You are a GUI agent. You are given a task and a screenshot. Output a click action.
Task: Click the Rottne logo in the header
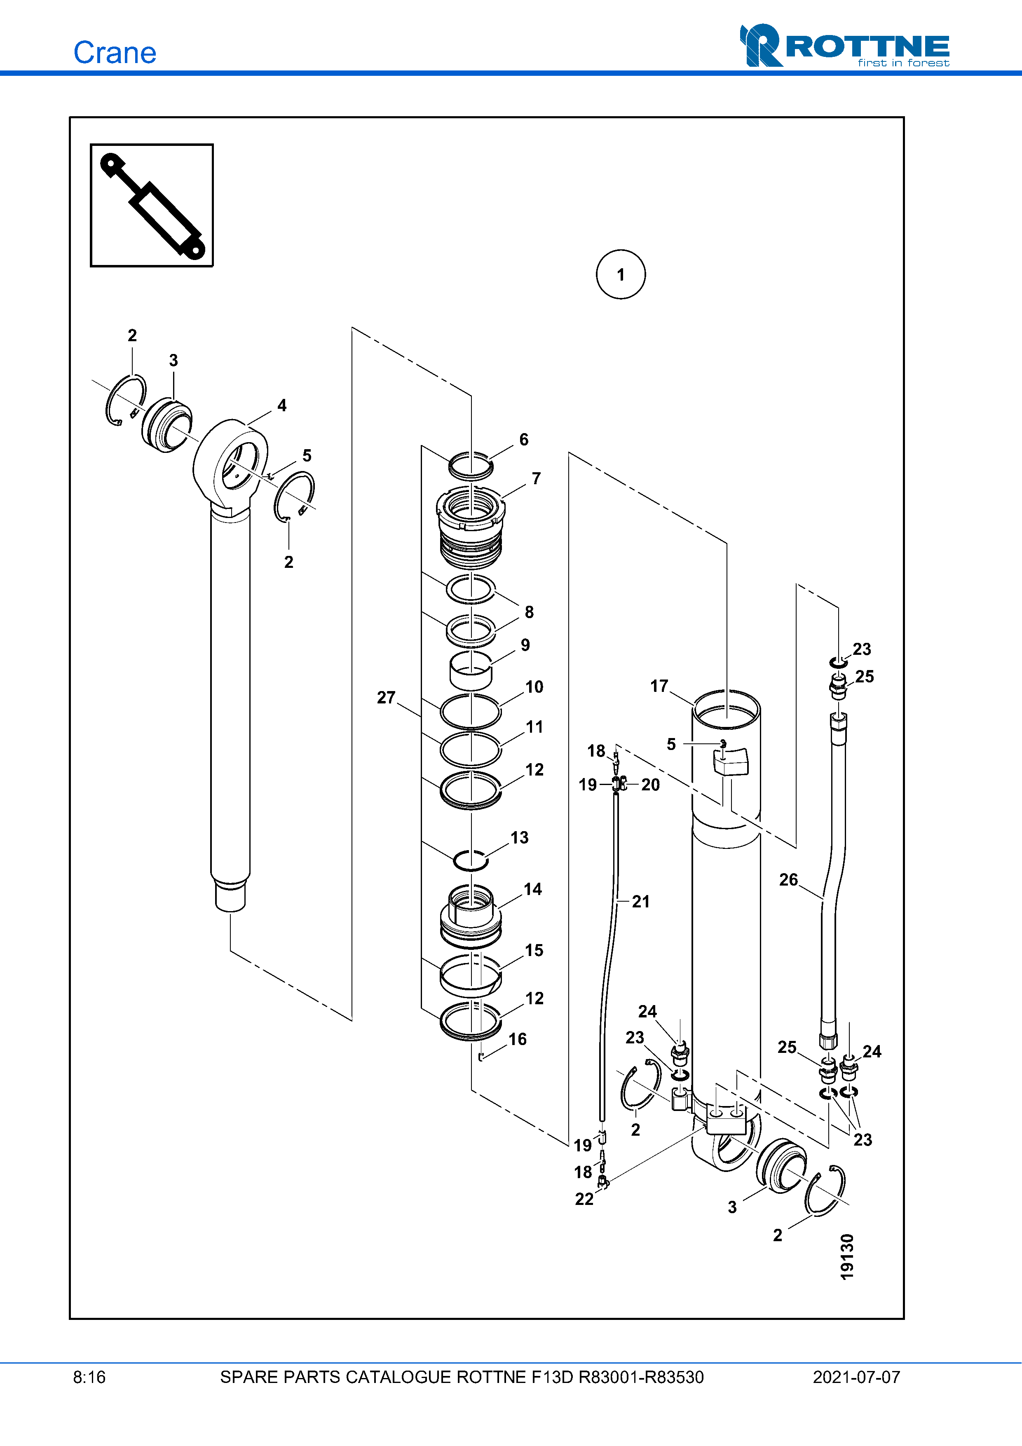tap(844, 45)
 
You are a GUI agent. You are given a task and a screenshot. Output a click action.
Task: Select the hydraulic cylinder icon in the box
tap(152, 205)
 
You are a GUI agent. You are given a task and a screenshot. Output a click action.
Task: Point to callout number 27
tap(386, 697)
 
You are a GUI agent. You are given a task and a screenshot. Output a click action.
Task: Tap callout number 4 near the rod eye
tap(282, 405)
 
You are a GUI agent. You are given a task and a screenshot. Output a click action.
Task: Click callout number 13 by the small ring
tap(520, 838)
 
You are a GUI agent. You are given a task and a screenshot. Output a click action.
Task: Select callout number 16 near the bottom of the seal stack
tap(518, 1039)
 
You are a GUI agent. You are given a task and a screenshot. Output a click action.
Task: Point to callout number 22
tap(584, 1199)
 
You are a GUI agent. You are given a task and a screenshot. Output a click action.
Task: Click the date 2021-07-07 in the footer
tap(856, 1377)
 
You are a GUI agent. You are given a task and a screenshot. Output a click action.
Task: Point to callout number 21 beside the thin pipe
tap(641, 902)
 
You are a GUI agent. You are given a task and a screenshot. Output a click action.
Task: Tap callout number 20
tap(650, 785)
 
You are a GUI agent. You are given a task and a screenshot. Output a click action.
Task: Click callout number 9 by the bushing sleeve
tap(525, 645)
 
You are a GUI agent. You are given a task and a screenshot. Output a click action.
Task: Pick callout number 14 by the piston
tap(533, 889)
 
